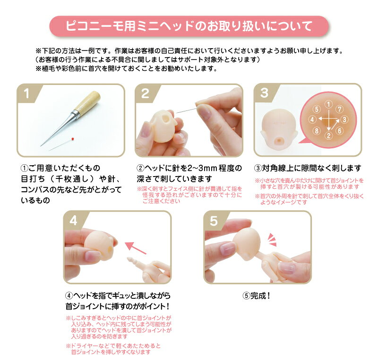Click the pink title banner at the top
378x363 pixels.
click(189, 26)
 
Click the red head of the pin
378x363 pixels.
click(73, 139)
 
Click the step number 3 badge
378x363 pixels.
click(264, 93)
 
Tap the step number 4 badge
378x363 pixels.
click(73, 220)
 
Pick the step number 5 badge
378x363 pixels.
click(214, 221)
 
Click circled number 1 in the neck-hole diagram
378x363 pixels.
click(328, 104)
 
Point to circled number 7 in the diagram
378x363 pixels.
click(339, 109)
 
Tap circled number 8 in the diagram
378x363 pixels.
click(317, 131)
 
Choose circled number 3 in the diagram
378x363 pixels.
click(344, 119)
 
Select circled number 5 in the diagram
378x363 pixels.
click(317, 110)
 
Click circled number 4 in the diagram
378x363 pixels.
click(312, 119)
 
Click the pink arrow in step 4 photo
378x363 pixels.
click(135, 248)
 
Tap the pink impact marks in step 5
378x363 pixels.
click(272, 240)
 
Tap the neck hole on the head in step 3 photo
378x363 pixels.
click(279, 140)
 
